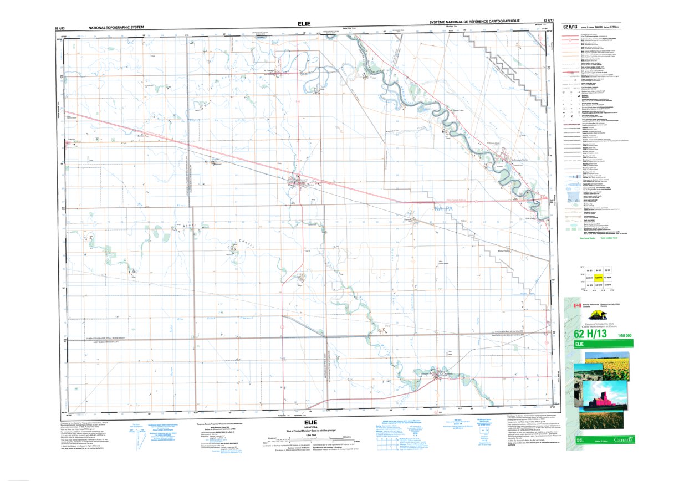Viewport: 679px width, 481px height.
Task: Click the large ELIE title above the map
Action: pos(305,24)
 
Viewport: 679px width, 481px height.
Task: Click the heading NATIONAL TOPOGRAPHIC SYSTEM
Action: pos(120,27)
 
